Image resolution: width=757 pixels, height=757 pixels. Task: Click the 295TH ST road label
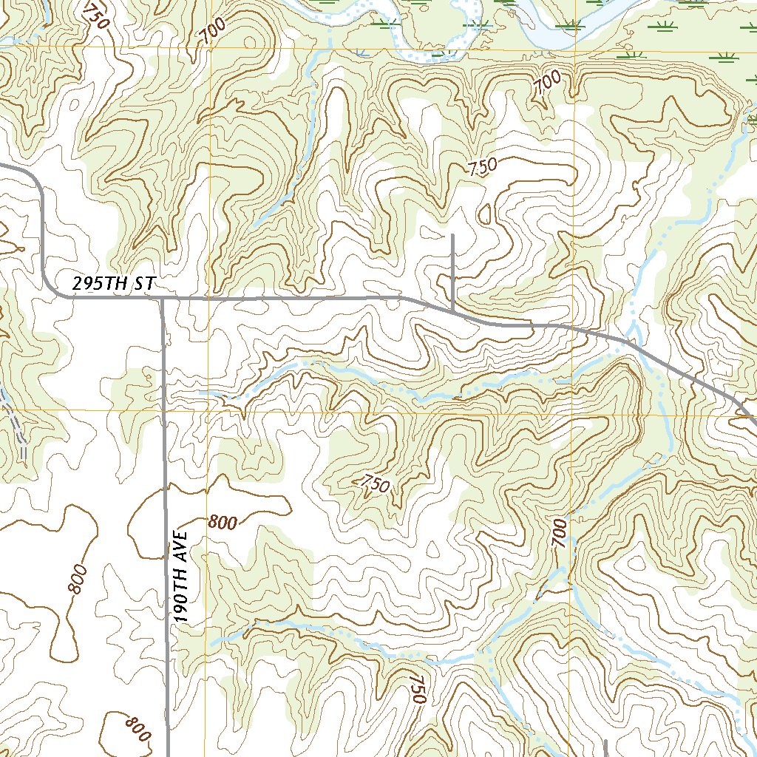pyautogui.click(x=115, y=284)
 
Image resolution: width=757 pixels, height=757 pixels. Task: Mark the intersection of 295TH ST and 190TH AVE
pyautogui.click(x=162, y=299)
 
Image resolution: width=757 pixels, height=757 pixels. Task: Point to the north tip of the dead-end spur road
pyautogui.click(x=452, y=236)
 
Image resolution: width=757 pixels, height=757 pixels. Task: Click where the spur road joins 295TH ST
pyautogui.click(x=452, y=311)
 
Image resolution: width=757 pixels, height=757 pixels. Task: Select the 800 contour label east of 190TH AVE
pyautogui.click(x=223, y=523)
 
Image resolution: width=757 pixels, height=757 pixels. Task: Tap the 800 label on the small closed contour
pyautogui.click(x=137, y=728)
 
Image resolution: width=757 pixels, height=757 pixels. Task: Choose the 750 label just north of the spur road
pyautogui.click(x=482, y=167)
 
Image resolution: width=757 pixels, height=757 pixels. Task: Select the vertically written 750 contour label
pyautogui.click(x=418, y=689)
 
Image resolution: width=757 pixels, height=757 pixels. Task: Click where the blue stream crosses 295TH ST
pyautogui.click(x=631, y=342)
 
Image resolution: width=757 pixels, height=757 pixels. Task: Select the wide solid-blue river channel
pyautogui.click(x=562, y=22)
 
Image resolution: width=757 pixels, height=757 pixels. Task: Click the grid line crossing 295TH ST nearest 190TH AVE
pyautogui.click(x=209, y=299)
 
